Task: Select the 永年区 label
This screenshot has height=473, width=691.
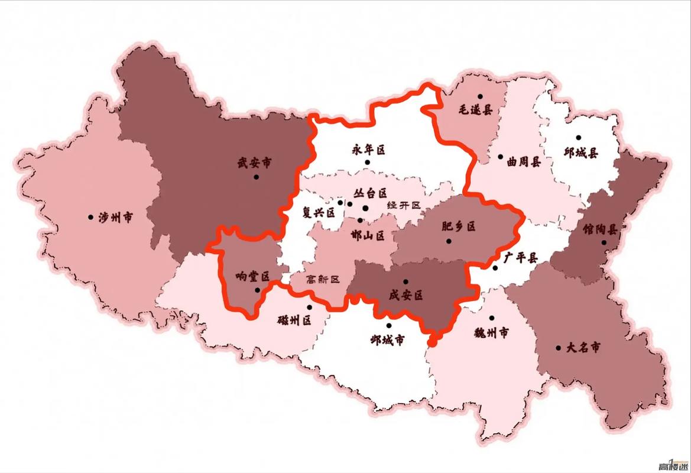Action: pyautogui.click(x=369, y=150)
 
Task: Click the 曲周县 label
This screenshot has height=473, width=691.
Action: pyautogui.click(x=524, y=161)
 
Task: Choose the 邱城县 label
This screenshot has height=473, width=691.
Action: pyautogui.click(x=580, y=152)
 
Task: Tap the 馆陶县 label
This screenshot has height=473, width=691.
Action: pyautogui.click(x=599, y=229)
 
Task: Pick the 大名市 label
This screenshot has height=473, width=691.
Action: pyautogui.click(x=582, y=348)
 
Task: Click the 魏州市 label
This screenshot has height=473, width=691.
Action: pyautogui.click(x=491, y=333)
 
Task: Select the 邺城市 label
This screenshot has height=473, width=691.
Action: pyautogui.click(x=388, y=340)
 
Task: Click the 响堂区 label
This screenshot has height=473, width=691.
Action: pyautogui.click(x=252, y=276)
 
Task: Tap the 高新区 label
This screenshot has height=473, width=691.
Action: pyautogui.click(x=323, y=280)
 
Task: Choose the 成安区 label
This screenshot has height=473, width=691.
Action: pyautogui.click(x=405, y=295)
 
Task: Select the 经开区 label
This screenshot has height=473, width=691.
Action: pyautogui.click(x=404, y=205)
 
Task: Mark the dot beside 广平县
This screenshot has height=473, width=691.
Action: pyautogui.click(x=495, y=268)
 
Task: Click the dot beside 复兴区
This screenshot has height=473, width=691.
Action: pyautogui.click(x=340, y=202)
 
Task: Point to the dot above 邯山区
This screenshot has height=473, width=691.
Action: pyautogui.click(x=360, y=220)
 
